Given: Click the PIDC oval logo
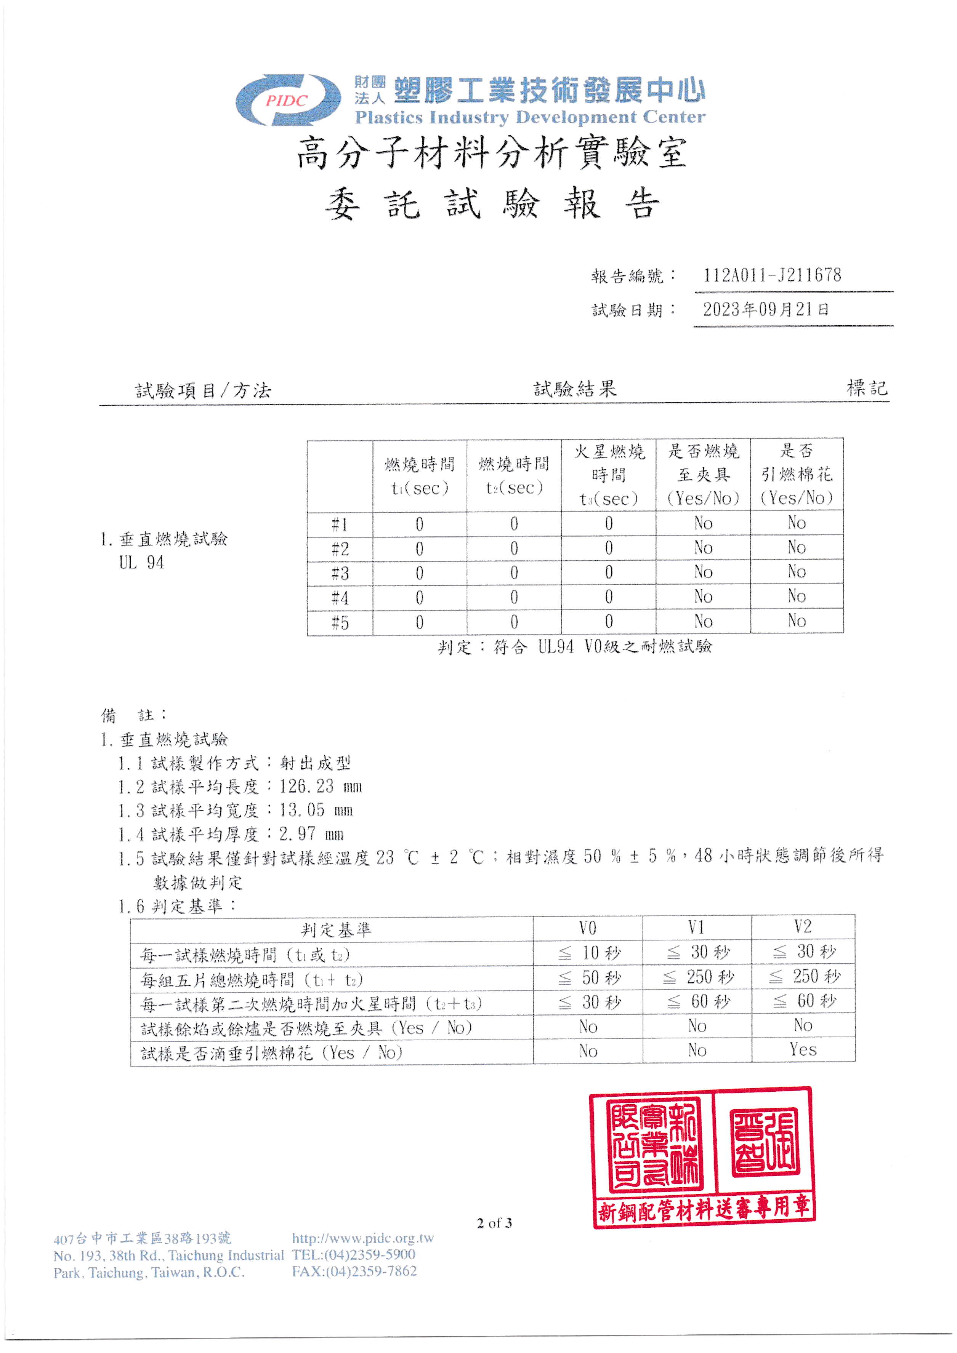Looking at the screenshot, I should pyautogui.click(x=287, y=100).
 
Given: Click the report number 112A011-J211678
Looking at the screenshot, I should pyautogui.click(x=772, y=275).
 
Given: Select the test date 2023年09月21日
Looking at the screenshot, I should pyautogui.click(x=765, y=309).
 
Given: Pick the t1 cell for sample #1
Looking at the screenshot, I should pyautogui.click(x=419, y=524).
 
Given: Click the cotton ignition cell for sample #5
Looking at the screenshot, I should pyautogui.click(x=797, y=621).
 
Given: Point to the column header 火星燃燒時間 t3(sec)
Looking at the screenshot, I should pyautogui.click(x=609, y=475).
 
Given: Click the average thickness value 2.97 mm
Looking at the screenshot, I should pyautogui.click(x=311, y=834).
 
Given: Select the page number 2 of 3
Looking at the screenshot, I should pyautogui.click(x=494, y=1223).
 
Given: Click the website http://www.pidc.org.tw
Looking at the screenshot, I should pyautogui.click(x=362, y=1238).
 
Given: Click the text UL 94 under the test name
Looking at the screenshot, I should pyautogui.click(x=141, y=563).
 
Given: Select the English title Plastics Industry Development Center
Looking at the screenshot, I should pyautogui.click(x=529, y=117).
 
